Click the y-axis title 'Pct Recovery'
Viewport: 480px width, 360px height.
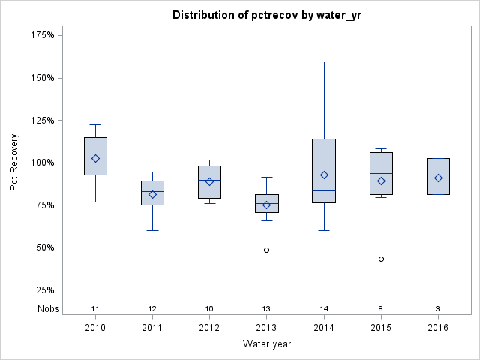click(x=15, y=163)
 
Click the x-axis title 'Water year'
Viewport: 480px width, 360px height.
click(x=266, y=344)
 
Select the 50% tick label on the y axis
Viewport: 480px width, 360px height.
click(x=46, y=247)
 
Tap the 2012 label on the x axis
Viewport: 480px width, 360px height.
click(x=209, y=328)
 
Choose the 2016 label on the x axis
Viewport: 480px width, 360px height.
click(x=438, y=328)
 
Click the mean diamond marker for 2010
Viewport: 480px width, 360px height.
click(x=95, y=158)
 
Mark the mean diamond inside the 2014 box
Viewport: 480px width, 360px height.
click(x=324, y=175)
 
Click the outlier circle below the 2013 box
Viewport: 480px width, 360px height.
click(x=266, y=250)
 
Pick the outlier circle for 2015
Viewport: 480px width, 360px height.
click(x=381, y=259)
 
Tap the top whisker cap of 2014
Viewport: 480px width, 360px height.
click(x=324, y=61)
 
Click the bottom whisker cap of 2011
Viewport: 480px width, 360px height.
click(x=152, y=230)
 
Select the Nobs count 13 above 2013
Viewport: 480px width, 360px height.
click(x=266, y=309)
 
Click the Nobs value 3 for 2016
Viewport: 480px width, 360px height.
click(x=438, y=309)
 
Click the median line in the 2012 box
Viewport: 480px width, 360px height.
click(x=209, y=180)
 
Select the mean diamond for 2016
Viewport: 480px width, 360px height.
click(x=438, y=178)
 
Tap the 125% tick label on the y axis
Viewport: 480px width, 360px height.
click(x=43, y=120)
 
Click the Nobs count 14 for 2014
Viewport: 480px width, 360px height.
click(x=324, y=309)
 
